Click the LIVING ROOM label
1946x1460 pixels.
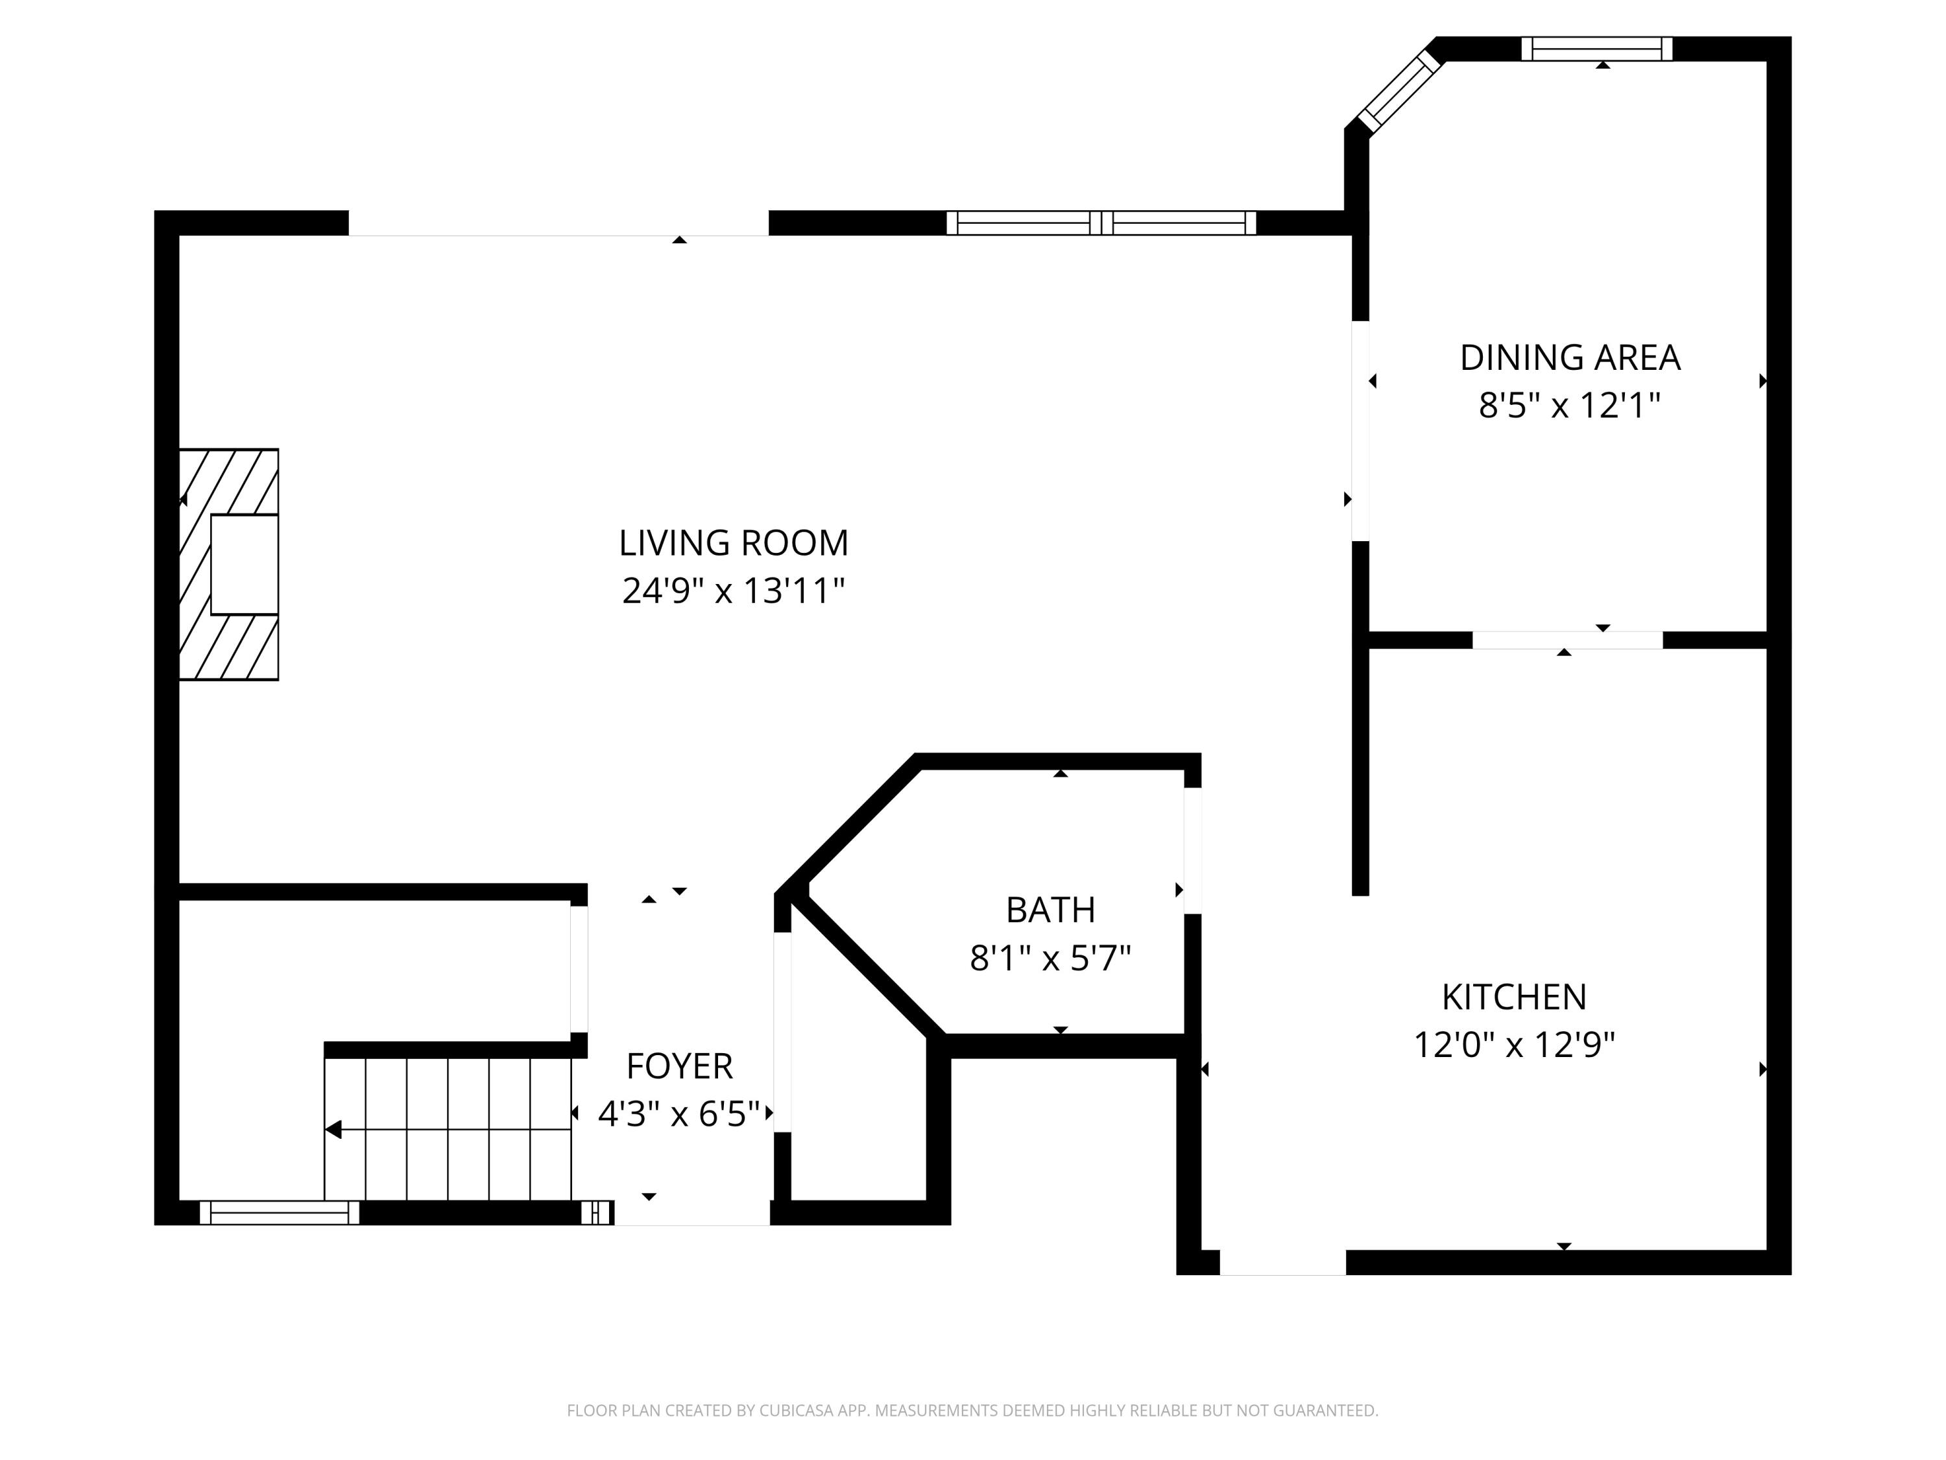[734, 543]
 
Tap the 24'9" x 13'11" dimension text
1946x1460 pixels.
[734, 590]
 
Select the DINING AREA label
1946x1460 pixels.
[1570, 358]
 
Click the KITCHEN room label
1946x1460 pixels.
[1514, 997]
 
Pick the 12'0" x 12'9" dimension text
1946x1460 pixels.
[1514, 1045]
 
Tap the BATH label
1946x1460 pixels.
[1050, 910]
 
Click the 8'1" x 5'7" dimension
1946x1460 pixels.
[1050, 958]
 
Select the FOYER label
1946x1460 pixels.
[679, 1067]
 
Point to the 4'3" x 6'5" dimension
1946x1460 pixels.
[679, 1114]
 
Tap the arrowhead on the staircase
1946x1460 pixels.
[333, 1129]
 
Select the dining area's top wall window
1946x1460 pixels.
[1597, 49]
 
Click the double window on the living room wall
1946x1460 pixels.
[1101, 223]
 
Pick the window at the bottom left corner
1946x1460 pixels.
[280, 1213]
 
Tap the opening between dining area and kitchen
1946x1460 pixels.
[1568, 640]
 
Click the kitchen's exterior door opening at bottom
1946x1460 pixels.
[1282, 1262]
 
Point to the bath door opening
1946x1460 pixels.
[1193, 851]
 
